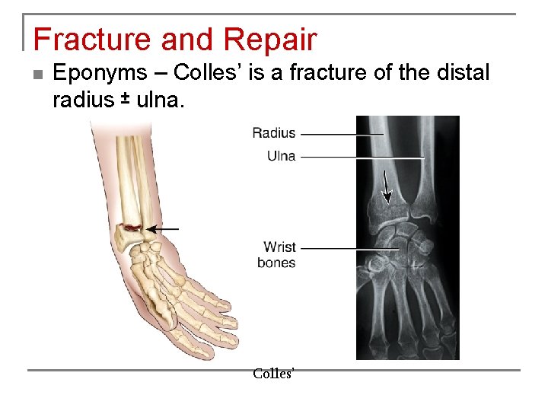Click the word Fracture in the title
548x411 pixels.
tap(81, 40)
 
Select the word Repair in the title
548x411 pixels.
tap(269, 40)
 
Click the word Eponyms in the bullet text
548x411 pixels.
tap(100, 75)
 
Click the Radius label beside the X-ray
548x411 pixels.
tap(273, 133)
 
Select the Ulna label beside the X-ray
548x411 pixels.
tap(281, 156)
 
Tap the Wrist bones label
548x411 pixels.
tap(279, 255)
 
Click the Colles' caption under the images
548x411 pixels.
tap(273, 374)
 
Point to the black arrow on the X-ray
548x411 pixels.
tap(386, 187)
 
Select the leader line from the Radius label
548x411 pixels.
tap(342, 134)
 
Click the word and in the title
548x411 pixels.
tap(178, 40)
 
